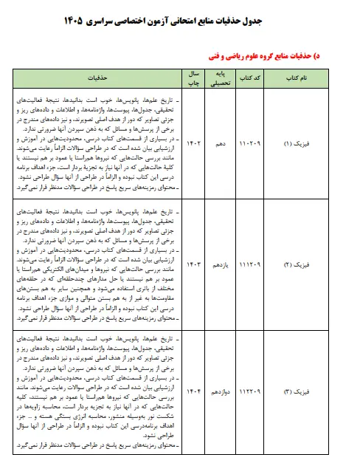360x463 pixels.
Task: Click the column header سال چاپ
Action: (x=192, y=76)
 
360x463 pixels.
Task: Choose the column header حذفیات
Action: (x=95, y=76)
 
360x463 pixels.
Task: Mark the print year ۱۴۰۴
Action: (x=192, y=390)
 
